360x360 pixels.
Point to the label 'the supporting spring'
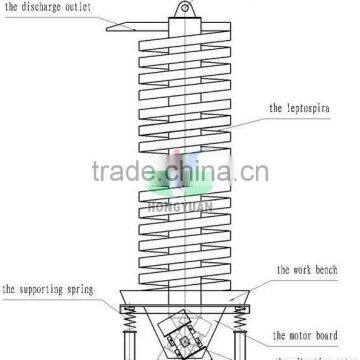pyautogui.click(x=47, y=290)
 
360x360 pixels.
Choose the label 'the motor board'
pyautogui.click(x=302, y=335)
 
